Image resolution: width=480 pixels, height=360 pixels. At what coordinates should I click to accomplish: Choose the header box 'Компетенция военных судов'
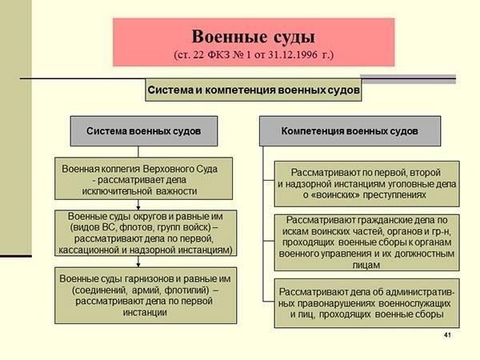350,130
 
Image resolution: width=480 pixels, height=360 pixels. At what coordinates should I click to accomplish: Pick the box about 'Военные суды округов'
143,233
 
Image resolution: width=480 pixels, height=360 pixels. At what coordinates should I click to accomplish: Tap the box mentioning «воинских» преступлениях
367,183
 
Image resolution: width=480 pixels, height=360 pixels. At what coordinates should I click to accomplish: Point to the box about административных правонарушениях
367,301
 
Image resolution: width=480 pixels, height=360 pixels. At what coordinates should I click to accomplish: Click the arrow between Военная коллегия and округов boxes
138,206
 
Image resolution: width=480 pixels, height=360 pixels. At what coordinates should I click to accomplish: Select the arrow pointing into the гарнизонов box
138,262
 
